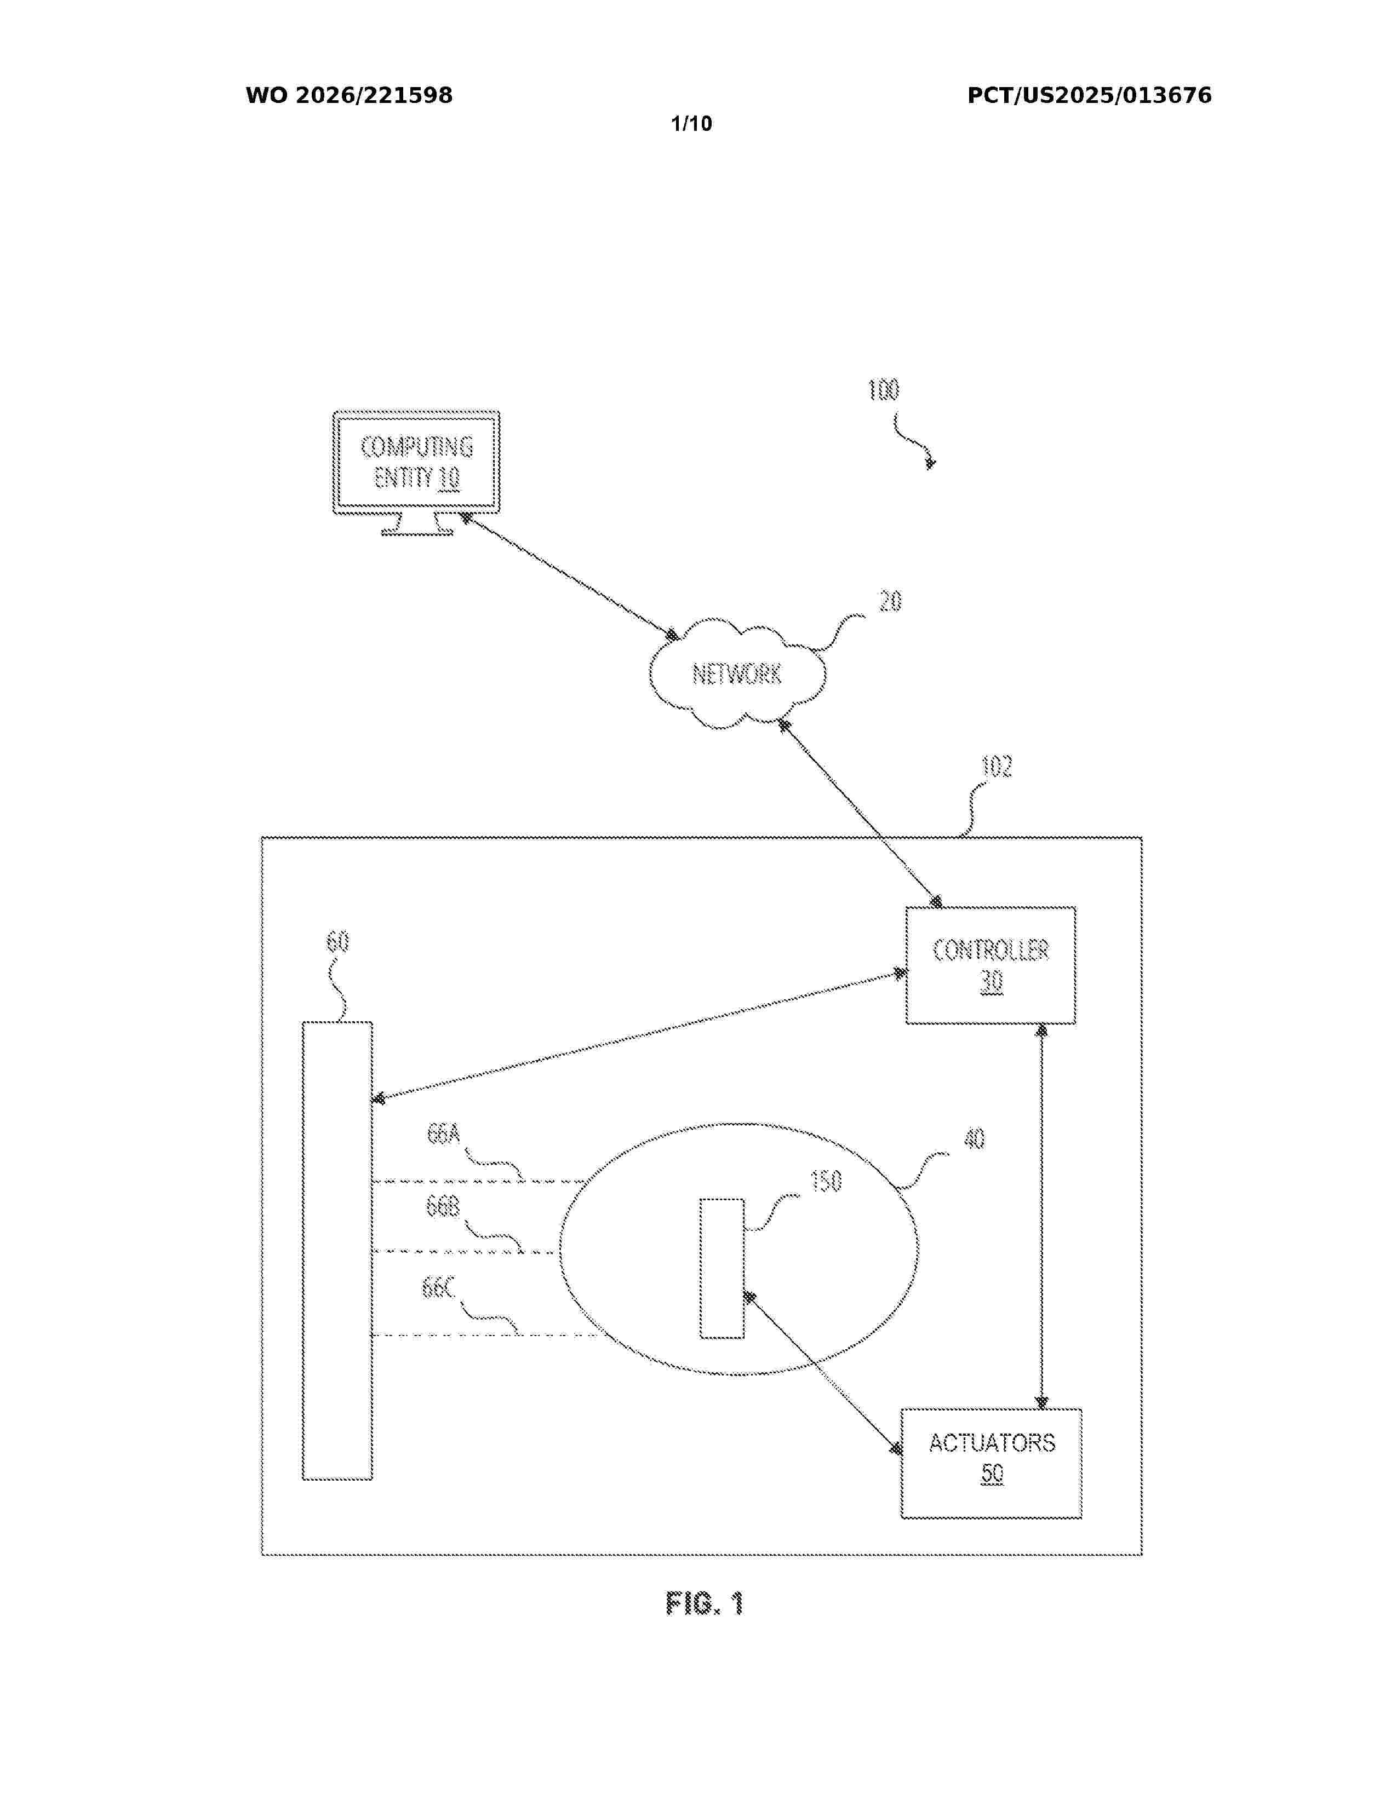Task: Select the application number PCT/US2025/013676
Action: [x=1089, y=96]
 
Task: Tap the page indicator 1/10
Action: [x=691, y=124]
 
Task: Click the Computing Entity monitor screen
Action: [x=416, y=463]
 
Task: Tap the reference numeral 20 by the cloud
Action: [x=890, y=601]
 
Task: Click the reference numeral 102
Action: [x=997, y=767]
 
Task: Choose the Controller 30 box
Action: [x=991, y=965]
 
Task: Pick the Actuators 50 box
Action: [x=992, y=1464]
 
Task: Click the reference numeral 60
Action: [x=337, y=942]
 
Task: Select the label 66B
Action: [x=443, y=1207]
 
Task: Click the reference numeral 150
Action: [x=825, y=1181]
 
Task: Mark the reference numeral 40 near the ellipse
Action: [x=974, y=1140]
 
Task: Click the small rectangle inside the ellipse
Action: [x=722, y=1268]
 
